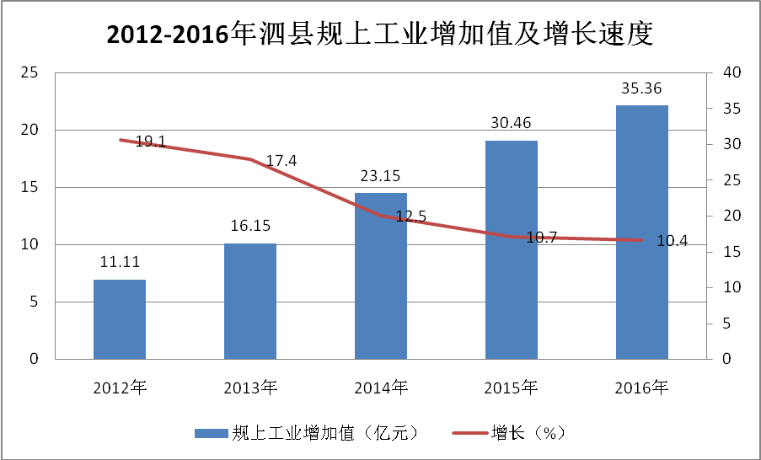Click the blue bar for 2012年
point(120,319)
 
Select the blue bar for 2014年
point(381,276)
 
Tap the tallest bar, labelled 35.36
point(642,233)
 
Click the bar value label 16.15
point(250,227)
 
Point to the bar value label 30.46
point(511,123)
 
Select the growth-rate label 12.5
point(410,217)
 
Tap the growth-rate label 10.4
point(672,241)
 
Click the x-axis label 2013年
point(250,388)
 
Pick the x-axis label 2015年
point(511,388)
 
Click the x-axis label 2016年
point(642,388)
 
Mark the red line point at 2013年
point(250,159)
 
